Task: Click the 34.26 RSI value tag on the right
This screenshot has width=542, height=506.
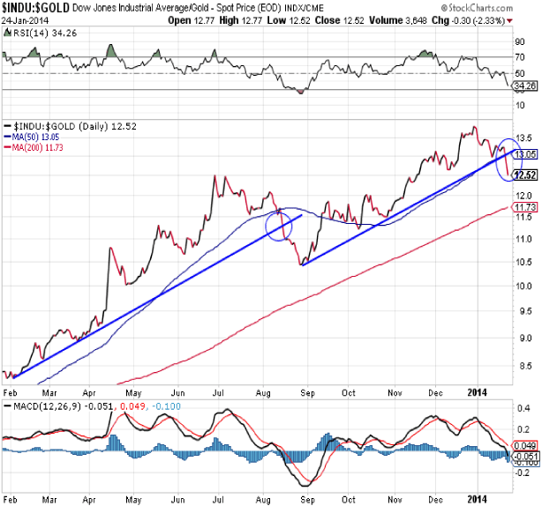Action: tap(527, 86)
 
